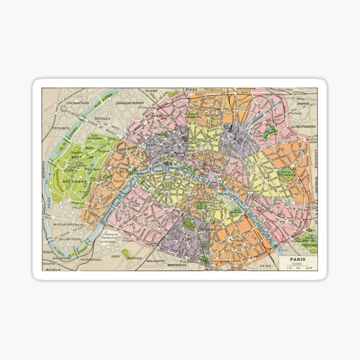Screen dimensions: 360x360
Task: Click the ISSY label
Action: pos(116,256)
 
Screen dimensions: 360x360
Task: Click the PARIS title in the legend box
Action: pos(298,260)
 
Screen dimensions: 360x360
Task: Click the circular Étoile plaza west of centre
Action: pos(143,145)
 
